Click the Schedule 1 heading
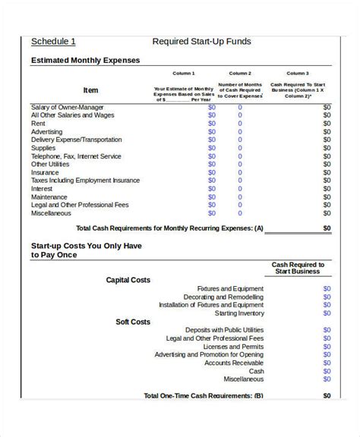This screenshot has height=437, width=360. (x=53, y=42)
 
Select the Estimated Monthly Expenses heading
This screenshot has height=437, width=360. (x=85, y=60)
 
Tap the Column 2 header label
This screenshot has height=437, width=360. (x=240, y=74)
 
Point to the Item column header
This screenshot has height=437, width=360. (x=90, y=90)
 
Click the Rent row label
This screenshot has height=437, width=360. (x=38, y=124)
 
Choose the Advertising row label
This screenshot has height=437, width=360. (x=47, y=132)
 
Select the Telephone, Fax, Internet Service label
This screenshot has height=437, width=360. (x=76, y=156)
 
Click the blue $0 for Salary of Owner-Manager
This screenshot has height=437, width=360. (x=212, y=107)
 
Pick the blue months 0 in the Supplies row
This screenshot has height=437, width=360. (x=240, y=148)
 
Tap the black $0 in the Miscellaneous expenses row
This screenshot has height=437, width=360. (x=327, y=213)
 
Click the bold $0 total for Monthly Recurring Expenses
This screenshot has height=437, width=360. (x=327, y=228)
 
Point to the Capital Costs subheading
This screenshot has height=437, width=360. (x=128, y=280)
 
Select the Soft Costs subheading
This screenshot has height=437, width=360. (x=133, y=322)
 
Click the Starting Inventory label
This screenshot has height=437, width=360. (x=239, y=313)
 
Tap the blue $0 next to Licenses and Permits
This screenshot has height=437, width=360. (x=327, y=347)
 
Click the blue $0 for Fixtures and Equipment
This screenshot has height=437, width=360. (x=327, y=289)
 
